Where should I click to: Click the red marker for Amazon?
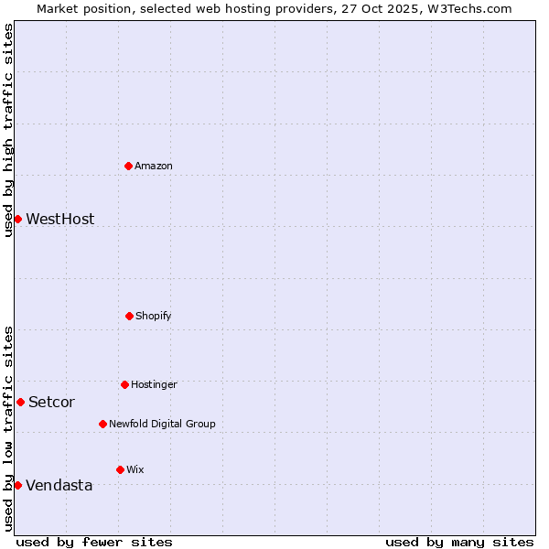pos(129,166)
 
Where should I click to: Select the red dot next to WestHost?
pos(17,219)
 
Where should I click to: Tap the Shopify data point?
pos(129,316)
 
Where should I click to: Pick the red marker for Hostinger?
pos(124,384)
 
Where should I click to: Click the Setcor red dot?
pos(20,402)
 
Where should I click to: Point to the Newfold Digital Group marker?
pos(102,424)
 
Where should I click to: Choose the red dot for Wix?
pos(120,469)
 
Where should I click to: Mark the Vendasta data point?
pos(17,485)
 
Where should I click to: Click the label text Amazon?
pos(154,166)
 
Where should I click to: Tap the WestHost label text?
pos(59,219)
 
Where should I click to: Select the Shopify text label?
pos(154,316)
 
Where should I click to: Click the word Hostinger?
pos(154,384)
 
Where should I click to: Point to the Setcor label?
pos(51,402)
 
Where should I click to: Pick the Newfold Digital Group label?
pos(162,424)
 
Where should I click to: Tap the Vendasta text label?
pos(59,485)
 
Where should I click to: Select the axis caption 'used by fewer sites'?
pos(94,542)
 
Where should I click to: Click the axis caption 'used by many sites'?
pos(459,542)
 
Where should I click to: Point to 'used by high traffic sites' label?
pos(8,130)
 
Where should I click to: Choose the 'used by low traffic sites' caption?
pos(8,428)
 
